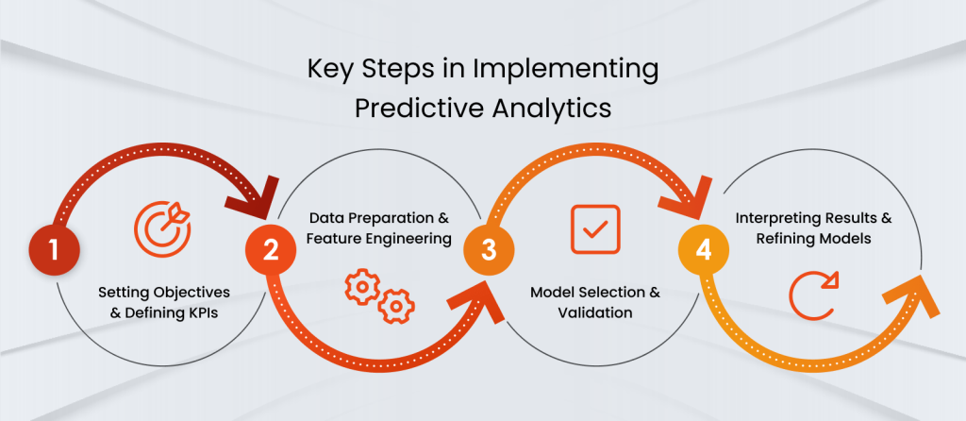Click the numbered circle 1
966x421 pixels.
54,251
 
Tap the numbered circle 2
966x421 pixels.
271,251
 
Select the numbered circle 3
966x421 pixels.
489,251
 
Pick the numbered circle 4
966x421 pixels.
704,251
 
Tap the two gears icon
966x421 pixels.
379,295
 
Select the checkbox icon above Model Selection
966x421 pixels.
595,229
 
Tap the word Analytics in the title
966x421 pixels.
551,109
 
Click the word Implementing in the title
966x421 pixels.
566,70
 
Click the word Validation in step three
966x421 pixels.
595,312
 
